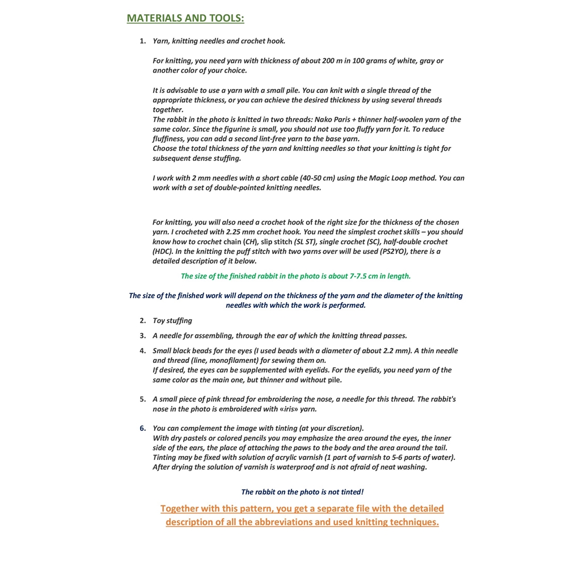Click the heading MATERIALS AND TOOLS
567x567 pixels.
point(185,18)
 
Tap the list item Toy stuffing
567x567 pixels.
point(172,321)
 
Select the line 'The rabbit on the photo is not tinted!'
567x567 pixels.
point(302,492)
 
